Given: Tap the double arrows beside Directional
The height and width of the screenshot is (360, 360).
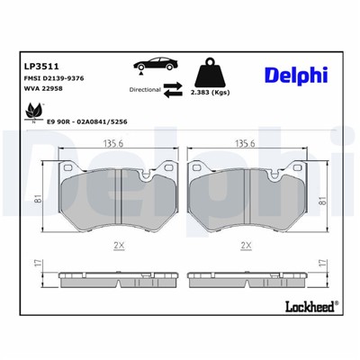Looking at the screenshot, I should (x=174, y=89).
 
